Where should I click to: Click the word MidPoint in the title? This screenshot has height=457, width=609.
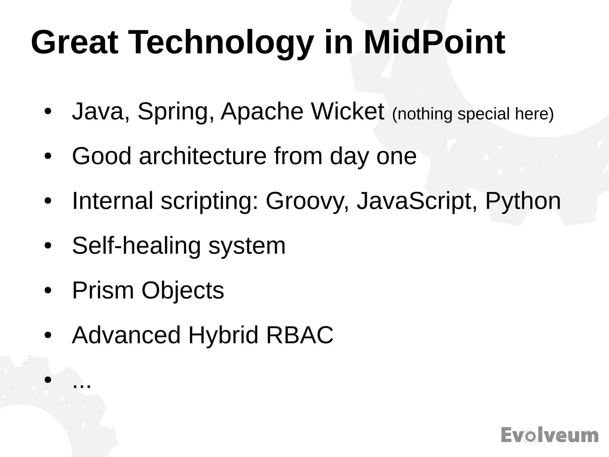click(434, 43)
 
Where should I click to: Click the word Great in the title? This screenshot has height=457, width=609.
click(75, 43)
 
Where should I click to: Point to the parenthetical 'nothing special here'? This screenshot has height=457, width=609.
click(473, 114)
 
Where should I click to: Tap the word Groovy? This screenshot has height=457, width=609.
click(303, 202)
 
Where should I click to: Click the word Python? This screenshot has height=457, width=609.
click(523, 202)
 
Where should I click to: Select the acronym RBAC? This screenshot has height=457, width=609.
click(300, 335)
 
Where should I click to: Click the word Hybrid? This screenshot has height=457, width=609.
click(223, 336)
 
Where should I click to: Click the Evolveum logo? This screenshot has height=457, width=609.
click(550, 436)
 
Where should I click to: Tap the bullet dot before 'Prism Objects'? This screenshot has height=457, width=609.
click(48, 291)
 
